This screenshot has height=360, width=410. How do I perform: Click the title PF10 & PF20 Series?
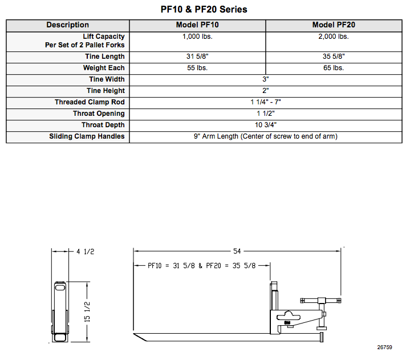(204, 9)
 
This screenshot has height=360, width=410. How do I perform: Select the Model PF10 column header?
(197, 25)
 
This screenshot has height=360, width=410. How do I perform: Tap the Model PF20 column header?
(334, 25)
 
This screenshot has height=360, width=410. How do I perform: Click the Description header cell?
(68, 25)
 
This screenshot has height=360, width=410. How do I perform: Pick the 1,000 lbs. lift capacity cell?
(197, 37)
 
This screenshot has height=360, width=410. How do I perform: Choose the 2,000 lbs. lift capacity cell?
(334, 37)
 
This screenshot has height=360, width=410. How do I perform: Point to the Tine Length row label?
(105, 56)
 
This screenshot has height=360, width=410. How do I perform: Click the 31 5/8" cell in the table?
(197, 56)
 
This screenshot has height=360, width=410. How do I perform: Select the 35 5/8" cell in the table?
(334, 56)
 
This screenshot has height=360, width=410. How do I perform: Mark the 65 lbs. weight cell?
(334, 68)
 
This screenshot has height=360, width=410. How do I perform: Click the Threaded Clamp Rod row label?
(90, 102)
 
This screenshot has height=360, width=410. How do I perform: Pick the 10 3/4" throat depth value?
(266, 125)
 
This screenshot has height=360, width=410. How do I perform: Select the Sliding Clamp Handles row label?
(87, 136)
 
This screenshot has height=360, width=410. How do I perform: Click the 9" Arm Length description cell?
(266, 136)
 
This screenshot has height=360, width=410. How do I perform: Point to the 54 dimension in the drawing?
(237, 250)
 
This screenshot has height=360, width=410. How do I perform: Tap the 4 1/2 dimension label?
(85, 251)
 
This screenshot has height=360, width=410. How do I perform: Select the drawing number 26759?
(384, 347)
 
